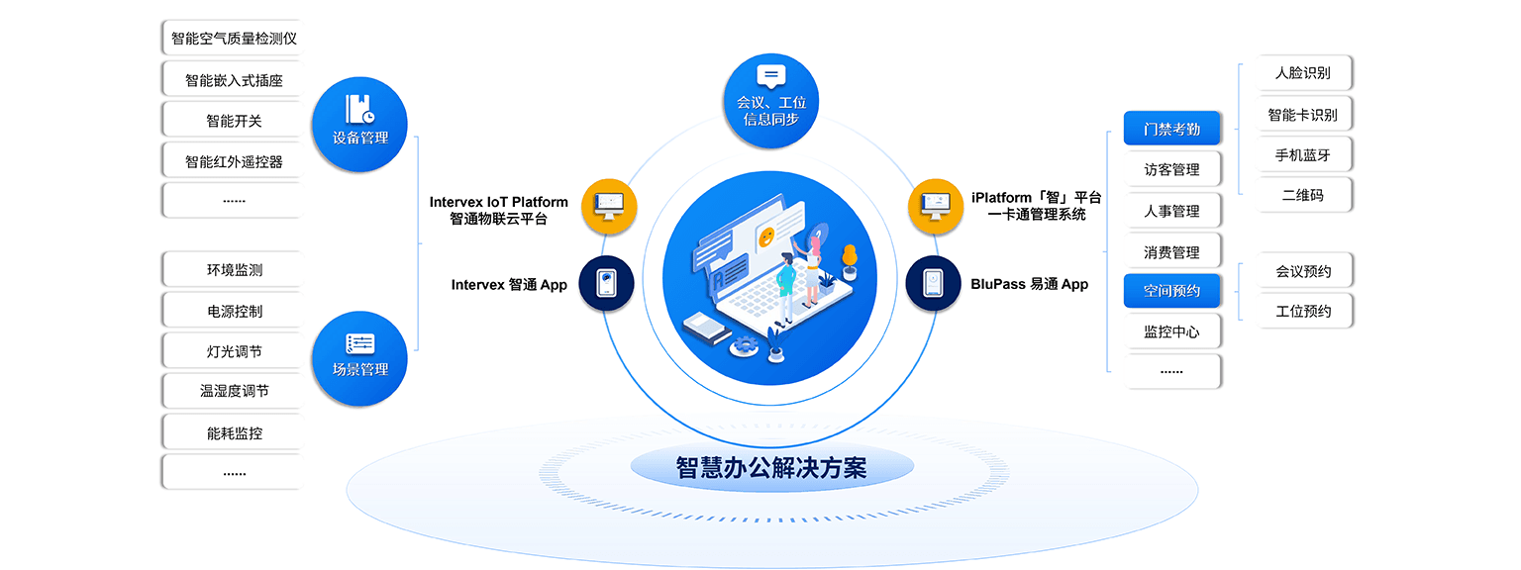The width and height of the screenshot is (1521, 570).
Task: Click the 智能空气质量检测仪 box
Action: [x=234, y=39]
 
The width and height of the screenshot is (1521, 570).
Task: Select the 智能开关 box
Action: [x=234, y=121]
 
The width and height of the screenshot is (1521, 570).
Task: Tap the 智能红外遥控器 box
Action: [x=234, y=161]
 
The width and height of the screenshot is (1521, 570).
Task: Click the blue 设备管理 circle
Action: [x=359, y=125]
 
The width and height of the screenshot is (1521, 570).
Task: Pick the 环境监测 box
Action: [x=234, y=270]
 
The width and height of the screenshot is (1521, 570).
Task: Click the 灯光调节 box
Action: [x=234, y=351]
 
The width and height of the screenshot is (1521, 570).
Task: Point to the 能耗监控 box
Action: [x=234, y=432]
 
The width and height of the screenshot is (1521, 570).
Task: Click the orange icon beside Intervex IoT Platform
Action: [x=607, y=207]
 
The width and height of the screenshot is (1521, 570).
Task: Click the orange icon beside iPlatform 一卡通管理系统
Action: [x=935, y=207]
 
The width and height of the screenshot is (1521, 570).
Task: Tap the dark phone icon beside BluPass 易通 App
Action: [x=934, y=284]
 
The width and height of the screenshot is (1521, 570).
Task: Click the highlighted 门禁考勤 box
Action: [x=1171, y=129]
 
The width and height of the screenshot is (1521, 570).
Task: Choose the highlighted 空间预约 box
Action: [x=1171, y=291]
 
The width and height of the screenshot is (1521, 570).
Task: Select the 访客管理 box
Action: [x=1171, y=170]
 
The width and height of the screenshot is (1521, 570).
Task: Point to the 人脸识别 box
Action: [x=1302, y=73]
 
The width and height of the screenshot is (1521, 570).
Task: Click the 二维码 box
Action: [x=1302, y=195]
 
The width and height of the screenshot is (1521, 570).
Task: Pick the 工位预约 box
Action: [x=1302, y=311]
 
